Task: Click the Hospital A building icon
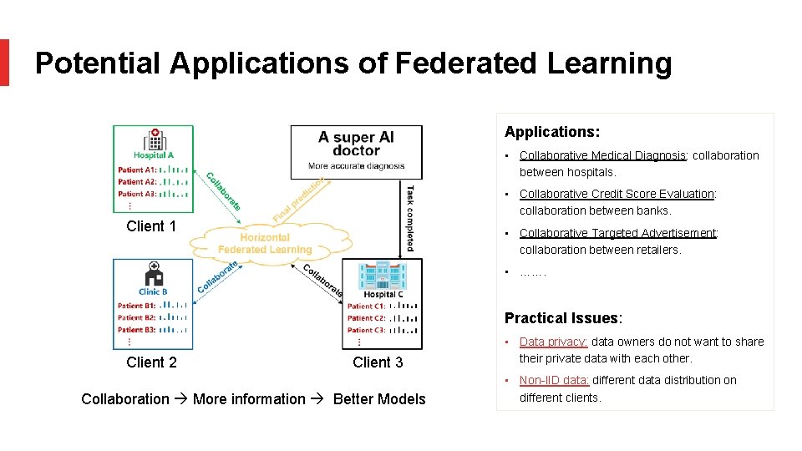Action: (154, 139)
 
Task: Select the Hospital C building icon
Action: (382, 276)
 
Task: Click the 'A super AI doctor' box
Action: (356, 151)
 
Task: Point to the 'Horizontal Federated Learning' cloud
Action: (264, 243)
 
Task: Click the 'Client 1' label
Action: (151, 226)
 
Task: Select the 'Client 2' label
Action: (151, 362)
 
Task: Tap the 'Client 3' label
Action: (378, 362)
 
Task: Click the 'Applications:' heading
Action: (552, 132)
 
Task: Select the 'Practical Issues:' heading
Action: (563, 318)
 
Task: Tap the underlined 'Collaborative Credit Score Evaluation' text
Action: (617, 194)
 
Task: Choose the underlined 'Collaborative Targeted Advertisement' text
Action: (618, 233)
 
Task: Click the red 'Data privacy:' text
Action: (553, 342)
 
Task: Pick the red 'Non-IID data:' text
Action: (554, 380)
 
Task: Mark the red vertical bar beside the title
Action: (4, 63)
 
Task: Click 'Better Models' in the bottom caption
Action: (379, 399)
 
